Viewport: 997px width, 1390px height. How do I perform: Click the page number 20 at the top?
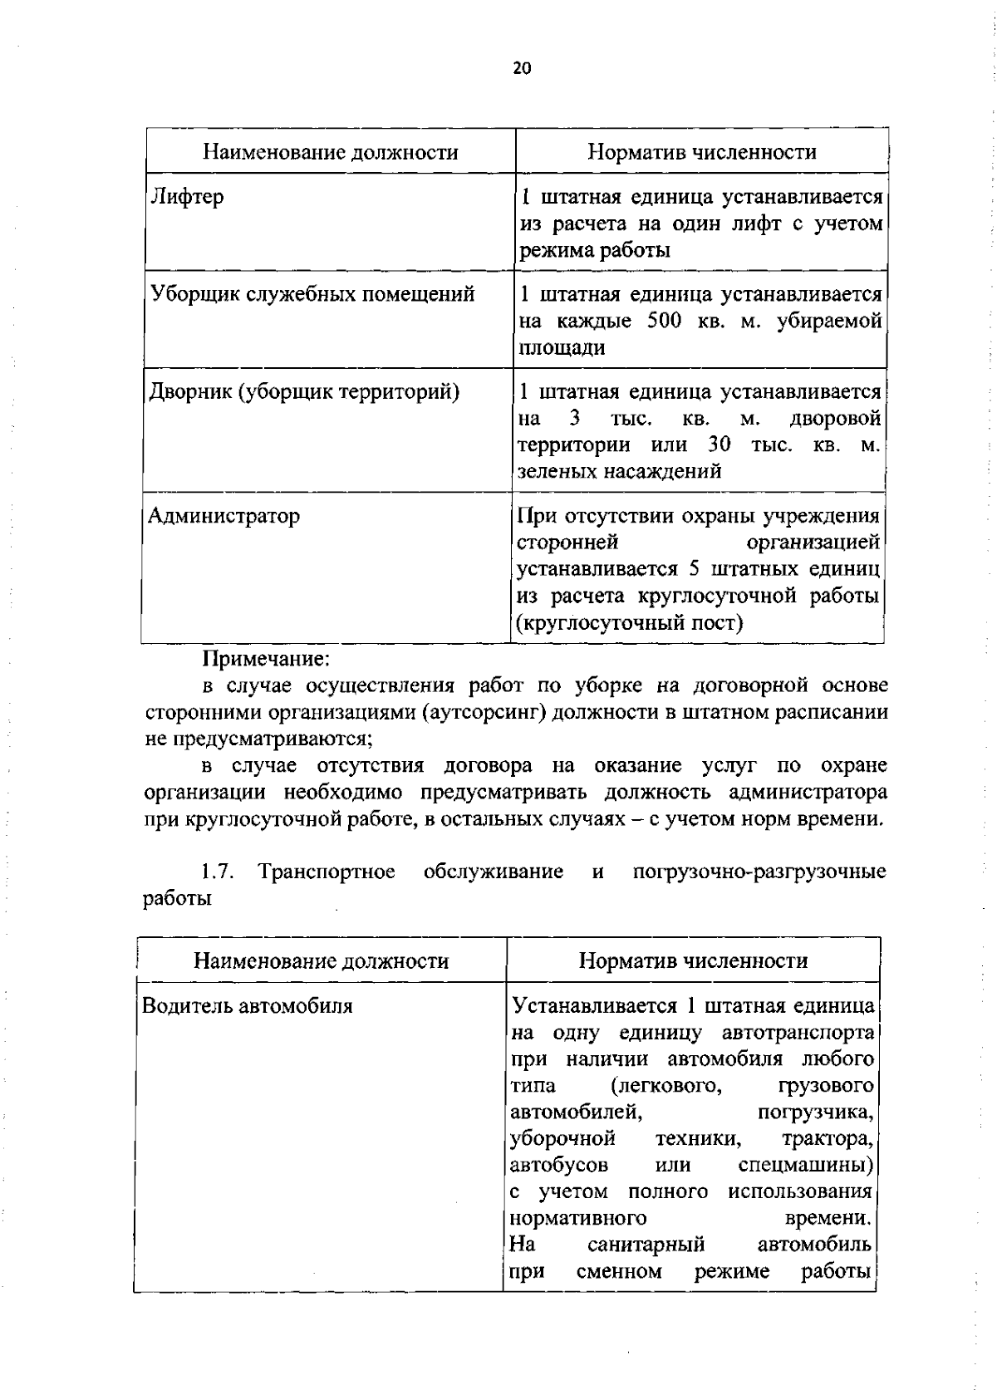pos(521,69)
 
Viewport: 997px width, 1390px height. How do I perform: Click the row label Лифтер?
pos(187,197)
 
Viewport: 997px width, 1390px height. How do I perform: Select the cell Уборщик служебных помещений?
pos(312,294)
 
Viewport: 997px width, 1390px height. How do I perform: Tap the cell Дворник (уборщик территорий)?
pos(304,391)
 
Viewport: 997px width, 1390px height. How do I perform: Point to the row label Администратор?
pos(223,516)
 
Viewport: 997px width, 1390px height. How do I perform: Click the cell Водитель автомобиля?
pos(247,1006)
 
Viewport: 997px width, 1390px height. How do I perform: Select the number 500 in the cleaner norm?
pos(664,321)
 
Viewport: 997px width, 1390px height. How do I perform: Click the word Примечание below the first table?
pos(267,659)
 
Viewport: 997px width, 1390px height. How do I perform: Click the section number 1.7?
pos(219,872)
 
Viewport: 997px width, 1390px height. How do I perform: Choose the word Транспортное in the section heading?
pos(327,872)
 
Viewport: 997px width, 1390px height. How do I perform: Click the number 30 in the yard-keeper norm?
pos(719,445)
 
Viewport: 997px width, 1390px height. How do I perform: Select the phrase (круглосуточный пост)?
pos(630,622)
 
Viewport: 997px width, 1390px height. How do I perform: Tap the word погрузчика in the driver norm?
pos(815,1112)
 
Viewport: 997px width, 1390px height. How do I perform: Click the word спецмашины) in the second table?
pos(805,1166)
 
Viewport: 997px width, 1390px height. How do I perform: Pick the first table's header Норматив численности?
pos(702,151)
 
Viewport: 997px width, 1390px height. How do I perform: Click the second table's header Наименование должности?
pos(321,961)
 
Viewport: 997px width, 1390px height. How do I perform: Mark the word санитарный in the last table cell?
pos(646,1245)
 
